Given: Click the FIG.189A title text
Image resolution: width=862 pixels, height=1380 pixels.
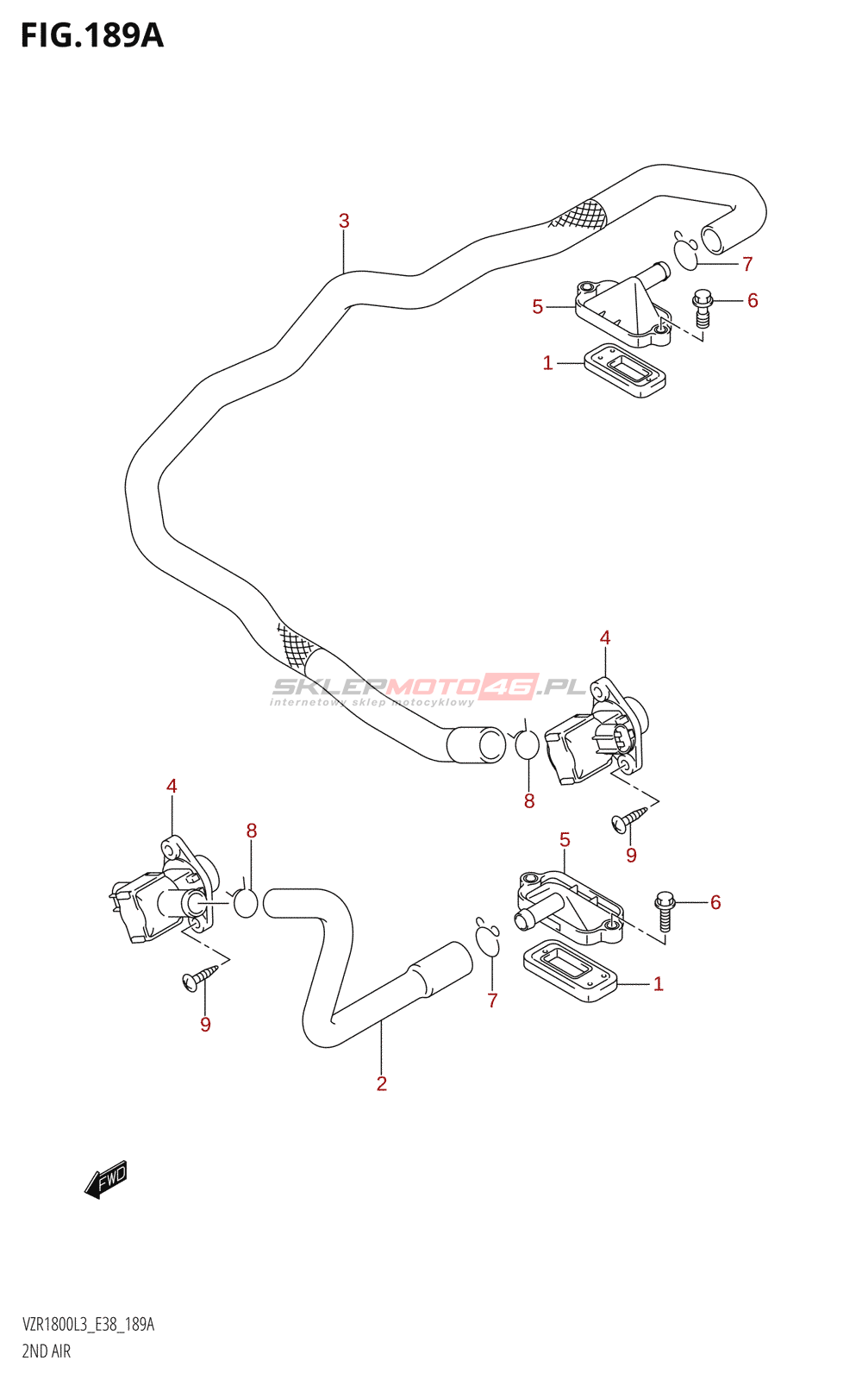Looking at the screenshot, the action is pos(92,35).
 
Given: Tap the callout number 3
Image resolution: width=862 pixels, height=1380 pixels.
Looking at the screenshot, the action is pos(344,221).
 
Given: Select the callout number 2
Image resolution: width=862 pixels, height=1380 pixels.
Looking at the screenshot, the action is pos(382,1083).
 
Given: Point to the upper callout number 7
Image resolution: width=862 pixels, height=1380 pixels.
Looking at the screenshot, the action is pos(747,264).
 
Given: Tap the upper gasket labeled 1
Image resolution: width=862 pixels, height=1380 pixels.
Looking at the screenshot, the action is pos(624,370).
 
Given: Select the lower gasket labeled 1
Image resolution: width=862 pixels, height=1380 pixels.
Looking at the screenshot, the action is pos(570,970).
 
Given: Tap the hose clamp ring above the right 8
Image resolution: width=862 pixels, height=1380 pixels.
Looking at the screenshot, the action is pos(525,743).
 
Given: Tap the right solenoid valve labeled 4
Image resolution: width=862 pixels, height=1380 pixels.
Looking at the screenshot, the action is pos(597,732).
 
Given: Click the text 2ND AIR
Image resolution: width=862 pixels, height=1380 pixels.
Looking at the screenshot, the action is pos(47,1352).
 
